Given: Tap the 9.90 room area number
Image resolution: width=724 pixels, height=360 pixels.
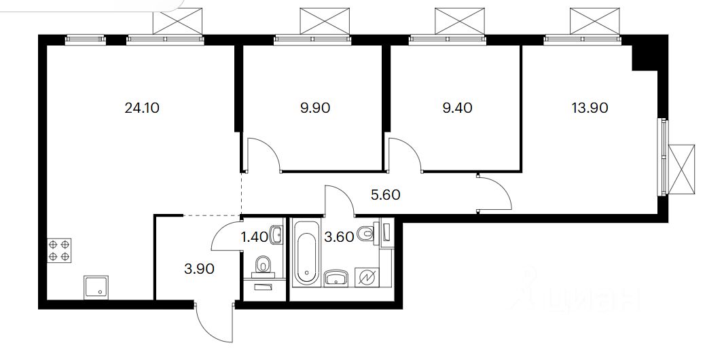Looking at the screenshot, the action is coord(314,107).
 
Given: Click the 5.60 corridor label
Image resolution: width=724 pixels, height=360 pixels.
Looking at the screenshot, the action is coord(385,195).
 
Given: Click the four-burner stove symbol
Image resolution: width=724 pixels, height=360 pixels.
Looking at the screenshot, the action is coord(59,251).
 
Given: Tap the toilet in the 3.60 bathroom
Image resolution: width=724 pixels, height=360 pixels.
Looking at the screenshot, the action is coord(367,234).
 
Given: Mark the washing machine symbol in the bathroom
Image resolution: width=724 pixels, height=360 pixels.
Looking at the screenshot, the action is coord(367,278).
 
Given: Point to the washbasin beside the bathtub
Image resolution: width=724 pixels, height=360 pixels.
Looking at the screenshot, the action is coord(336,278).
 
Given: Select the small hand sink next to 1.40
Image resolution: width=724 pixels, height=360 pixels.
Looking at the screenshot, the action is coord(275,235).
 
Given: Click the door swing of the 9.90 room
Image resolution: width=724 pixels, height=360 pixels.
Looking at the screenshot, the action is coord(263,155).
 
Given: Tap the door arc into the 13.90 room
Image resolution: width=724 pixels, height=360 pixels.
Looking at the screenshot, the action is coord(496,194).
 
